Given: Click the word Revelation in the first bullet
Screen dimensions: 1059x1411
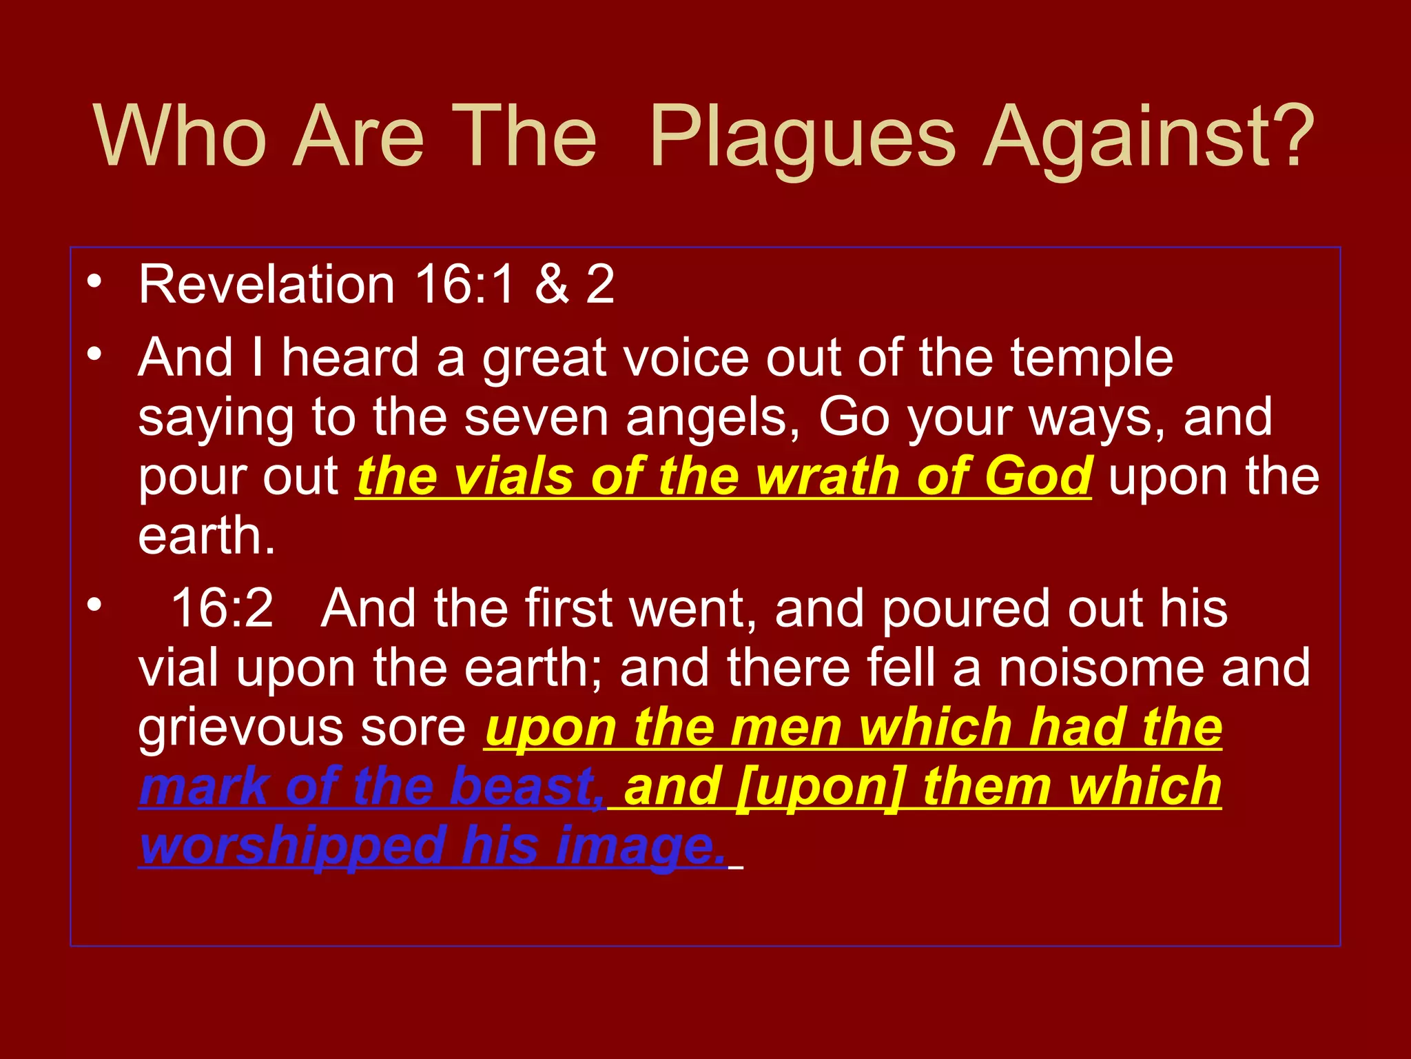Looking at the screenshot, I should pos(266,284).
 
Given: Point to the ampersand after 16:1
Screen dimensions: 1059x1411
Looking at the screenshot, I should pos(552,284).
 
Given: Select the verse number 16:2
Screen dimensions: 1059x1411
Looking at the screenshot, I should pos(221,608).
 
